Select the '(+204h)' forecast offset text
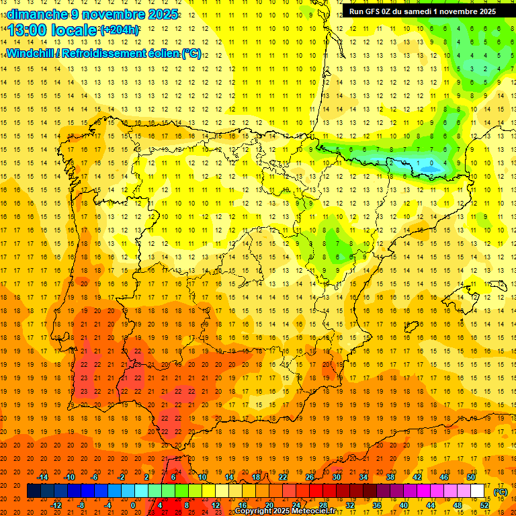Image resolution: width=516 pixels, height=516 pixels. tap(119, 30)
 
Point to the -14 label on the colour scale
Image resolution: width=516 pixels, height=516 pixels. tap(42, 477)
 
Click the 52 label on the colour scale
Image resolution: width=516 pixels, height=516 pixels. tap(484, 505)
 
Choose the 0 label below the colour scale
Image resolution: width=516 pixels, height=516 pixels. tap(133, 505)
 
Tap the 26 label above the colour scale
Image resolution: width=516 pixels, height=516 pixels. tap(310, 477)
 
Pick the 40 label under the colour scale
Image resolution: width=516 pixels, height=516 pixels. tap(403, 505)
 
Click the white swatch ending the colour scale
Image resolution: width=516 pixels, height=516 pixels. tap(478, 491)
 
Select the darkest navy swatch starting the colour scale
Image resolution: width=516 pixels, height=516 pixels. tap(34, 491)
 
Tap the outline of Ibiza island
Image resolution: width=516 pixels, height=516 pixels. tap(411, 327)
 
